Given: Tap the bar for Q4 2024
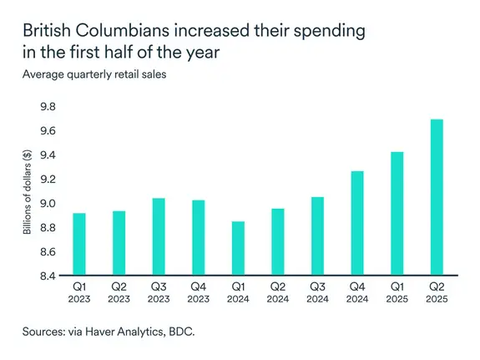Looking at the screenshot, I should (357, 224).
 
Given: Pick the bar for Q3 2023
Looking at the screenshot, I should (159, 237).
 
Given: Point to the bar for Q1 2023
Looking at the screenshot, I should (79, 245).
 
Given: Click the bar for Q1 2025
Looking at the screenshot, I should (397, 214).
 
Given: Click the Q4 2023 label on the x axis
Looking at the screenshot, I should (199, 292).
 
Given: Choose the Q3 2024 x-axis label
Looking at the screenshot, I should (317, 292).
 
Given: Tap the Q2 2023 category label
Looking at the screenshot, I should (119, 292).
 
